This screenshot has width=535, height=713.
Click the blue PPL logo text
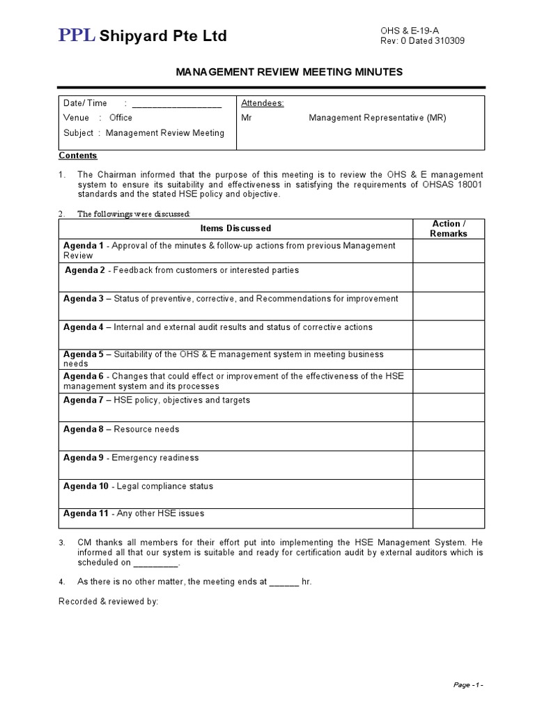point(77,36)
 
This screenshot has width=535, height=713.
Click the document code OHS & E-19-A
point(410,30)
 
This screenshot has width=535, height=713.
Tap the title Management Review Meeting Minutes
point(288,72)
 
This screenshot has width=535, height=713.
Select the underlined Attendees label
point(262,103)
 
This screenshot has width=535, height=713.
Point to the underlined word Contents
point(78,155)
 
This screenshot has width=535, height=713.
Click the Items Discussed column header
point(235,228)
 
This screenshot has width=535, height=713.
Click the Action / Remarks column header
point(449,228)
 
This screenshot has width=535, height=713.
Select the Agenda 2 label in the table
point(85,270)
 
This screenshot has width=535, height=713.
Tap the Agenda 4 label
point(84,327)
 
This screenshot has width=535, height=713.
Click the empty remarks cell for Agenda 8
point(449,436)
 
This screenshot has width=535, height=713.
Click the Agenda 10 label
point(86,486)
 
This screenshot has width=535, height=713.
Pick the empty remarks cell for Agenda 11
point(449,517)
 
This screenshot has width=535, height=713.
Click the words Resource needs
point(146,429)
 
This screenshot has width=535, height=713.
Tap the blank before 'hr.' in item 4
point(284,581)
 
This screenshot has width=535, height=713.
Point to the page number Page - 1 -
point(467,685)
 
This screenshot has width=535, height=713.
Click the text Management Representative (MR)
point(378,118)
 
